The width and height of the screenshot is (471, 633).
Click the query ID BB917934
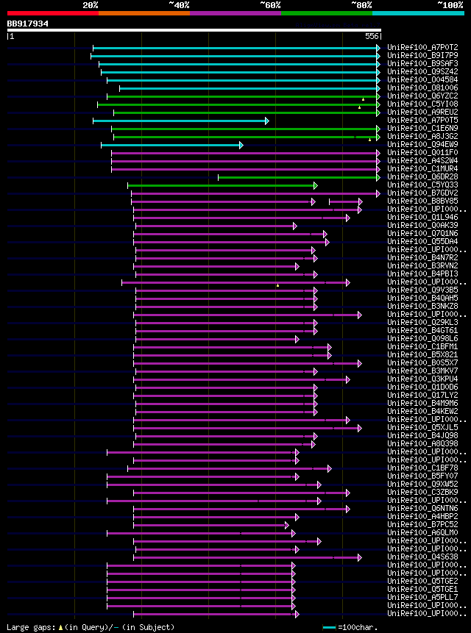(x=28, y=24)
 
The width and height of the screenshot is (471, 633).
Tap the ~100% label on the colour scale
(x=450, y=4)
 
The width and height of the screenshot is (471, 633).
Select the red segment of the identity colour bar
(x=52, y=13)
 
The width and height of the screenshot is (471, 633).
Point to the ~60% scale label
(x=270, y=4)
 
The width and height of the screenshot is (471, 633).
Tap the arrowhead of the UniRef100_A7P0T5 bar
(x=266, y=121)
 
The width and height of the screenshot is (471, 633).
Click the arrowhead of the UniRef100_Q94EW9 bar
(x=241, y=145)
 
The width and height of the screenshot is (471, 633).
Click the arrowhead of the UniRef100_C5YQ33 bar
(x=315, y=185)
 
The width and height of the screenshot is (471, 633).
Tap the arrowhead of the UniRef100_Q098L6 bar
(x=297, y=339)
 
